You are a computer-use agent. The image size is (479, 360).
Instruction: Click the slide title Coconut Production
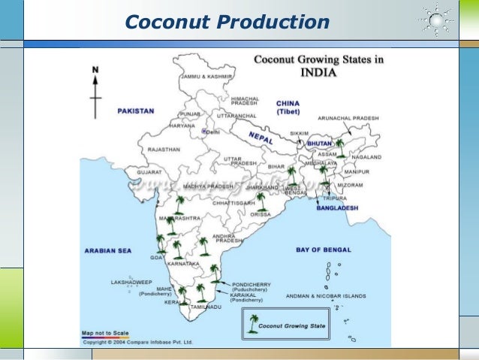pyautogui.click(x=226, y=23)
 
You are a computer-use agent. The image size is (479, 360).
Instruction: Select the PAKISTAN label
pyautogui.click(x=135, y=110)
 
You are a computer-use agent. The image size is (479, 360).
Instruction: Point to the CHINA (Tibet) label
pyautogui.click(x=288, y=107)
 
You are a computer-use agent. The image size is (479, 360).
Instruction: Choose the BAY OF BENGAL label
pyautogui.click(x=323, y=249)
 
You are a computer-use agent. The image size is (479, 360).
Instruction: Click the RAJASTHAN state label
pyautogui.click(x=164, y=150)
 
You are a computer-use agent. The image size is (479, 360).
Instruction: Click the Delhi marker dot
pyautogui.click(x=203, y=131)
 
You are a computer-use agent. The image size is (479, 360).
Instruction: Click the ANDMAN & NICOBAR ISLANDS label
pyautogui.click(x=326, y=296)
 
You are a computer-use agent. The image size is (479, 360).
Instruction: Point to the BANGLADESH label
pyautogui.click(x=336, y=207)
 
